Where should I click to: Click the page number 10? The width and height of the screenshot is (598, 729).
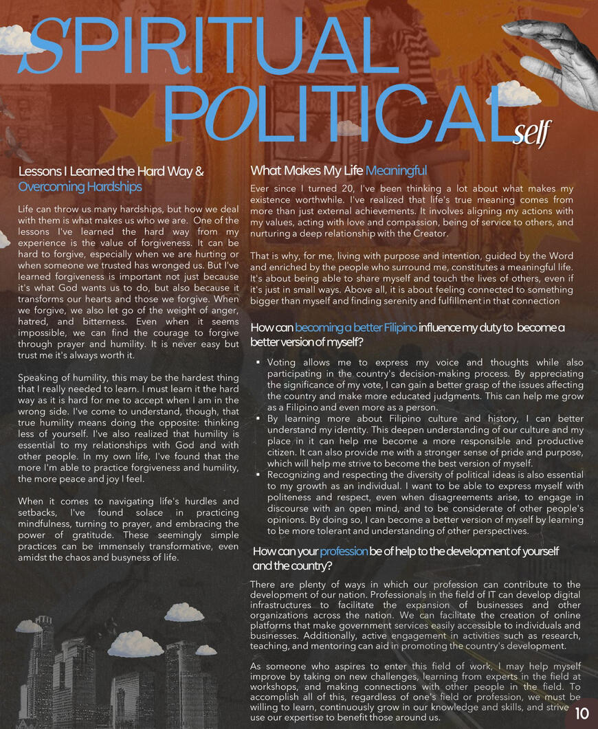[x=582, y=712]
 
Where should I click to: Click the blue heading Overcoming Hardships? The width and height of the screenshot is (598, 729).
[x=80, y=187]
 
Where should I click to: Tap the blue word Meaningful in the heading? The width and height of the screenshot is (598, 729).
[x=396, y=170]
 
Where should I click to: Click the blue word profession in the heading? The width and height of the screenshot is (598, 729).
[x=344, y=551]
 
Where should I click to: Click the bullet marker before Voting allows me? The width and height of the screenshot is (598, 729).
[x=257, y=362]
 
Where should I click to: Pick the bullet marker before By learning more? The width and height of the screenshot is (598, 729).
[x=257, y=418]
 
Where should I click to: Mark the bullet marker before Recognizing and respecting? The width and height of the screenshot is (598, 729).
[x=257, y=475]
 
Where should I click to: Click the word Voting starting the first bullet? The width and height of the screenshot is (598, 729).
[x=281, y=362]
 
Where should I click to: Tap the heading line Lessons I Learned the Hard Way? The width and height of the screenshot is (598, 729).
[x=111, y=172]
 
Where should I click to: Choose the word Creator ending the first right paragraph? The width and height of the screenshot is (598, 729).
[x=428, y=234]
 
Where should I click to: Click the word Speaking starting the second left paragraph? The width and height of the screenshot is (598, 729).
[x=39, y=377]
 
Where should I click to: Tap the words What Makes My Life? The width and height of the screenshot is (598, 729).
[x=307, y=170]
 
